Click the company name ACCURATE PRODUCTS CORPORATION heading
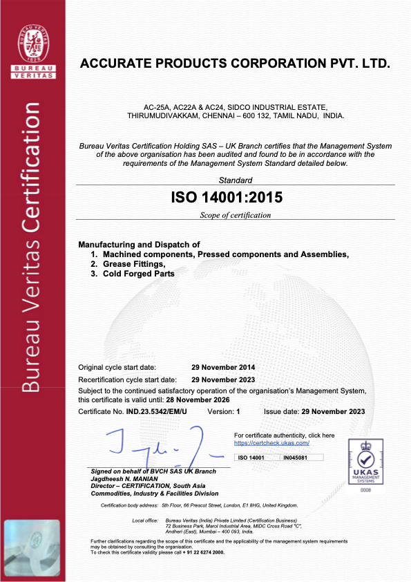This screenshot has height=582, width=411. (x=236, y=64)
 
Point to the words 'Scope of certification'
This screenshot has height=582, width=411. (x=236, y=215)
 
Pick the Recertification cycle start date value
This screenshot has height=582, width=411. (x=223, y=379)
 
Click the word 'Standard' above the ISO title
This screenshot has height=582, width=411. (x=236, y=180)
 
